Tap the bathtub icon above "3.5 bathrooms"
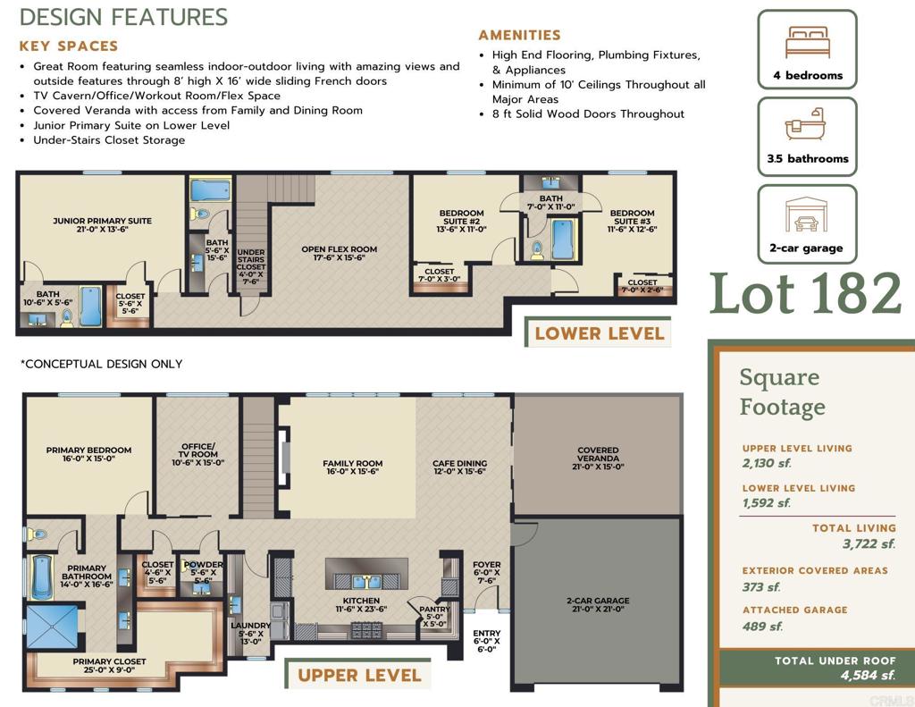pos(805,123)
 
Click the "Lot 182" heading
pos(806,293)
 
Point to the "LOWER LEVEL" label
pos(600,333)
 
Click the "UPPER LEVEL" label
pos(359,676)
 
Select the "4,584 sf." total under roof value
pos(868,676)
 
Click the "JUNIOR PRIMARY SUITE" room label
pos(102,221)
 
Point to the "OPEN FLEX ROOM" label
pos(339,249)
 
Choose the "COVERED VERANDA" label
pos(598,454)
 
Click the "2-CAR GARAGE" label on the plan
pos(598,600)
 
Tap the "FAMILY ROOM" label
pos(352,463)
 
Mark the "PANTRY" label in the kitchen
pos(435,609)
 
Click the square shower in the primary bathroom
pos(52,627)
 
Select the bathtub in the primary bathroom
pos(42,577)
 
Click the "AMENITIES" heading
pos(519,35)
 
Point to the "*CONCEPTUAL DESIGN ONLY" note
pos(102,364)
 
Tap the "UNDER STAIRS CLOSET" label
pos(251,259)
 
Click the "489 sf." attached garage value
pos(762,627)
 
